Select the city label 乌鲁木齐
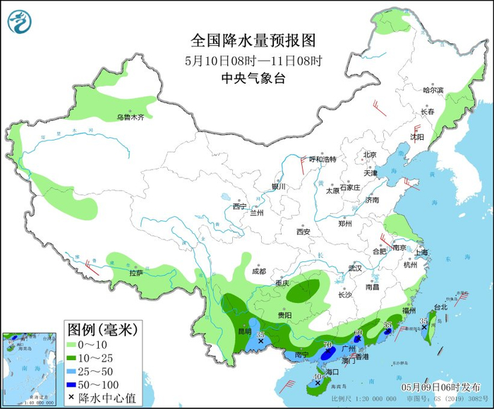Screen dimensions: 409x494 [131, 117]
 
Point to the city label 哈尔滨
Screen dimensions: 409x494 [433, 90]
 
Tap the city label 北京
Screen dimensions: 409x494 [370, 155]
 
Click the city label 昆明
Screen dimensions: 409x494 [244, 331]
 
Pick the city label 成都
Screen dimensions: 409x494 [258, 271]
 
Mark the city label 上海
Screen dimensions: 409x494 [422, 252]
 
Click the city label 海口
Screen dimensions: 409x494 [331, 371]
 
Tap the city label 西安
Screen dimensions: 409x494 [303, 231]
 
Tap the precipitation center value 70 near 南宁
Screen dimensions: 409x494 [327, 345]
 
